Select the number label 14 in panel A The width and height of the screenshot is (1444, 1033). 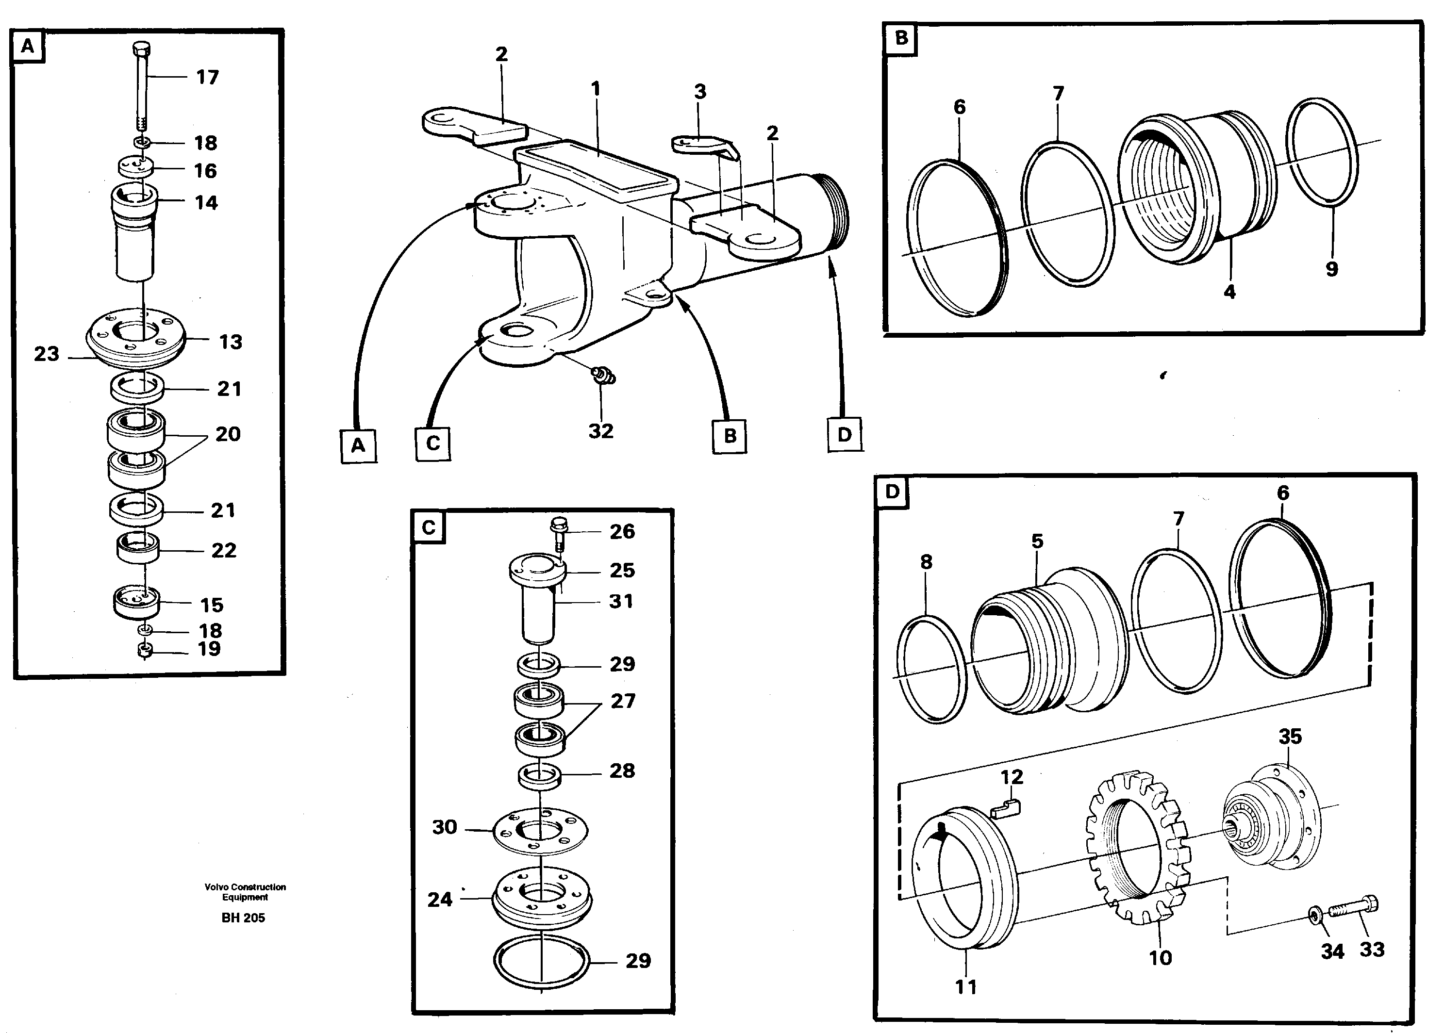coord(206,203)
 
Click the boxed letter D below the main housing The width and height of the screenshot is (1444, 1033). coord(844,435)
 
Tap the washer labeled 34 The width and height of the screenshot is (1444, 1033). coord(1315,915)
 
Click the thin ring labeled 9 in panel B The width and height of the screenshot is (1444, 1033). coord(1322,153)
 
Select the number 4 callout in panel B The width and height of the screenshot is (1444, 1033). coord(1229,293)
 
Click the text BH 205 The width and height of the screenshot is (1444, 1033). coord(243,918)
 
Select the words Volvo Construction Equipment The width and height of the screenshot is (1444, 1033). coord(245,892)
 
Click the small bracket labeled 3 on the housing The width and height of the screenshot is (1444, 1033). coord(703,145)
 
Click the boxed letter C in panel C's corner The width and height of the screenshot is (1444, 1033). coord(428,527)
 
